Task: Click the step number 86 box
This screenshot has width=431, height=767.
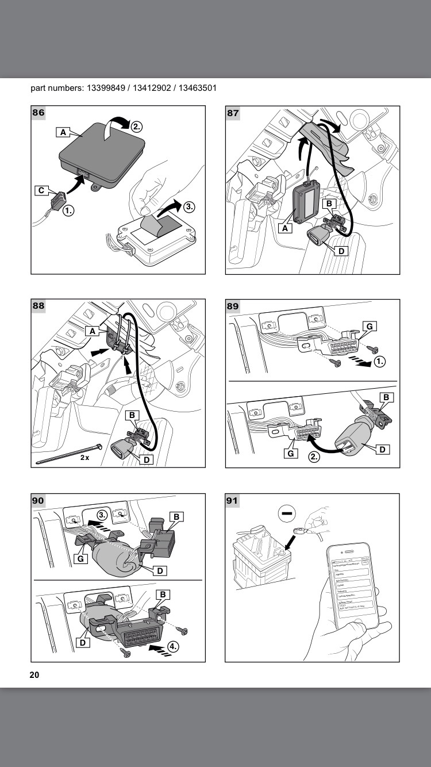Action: click(39, 113)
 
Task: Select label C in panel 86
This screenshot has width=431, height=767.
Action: click(41, 190)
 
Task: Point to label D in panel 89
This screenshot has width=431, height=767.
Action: click(382, 450)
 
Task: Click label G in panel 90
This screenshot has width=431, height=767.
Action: click(81, 558)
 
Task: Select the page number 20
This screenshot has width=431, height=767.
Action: click(34, 674)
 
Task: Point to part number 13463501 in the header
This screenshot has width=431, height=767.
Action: click(197, 88)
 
